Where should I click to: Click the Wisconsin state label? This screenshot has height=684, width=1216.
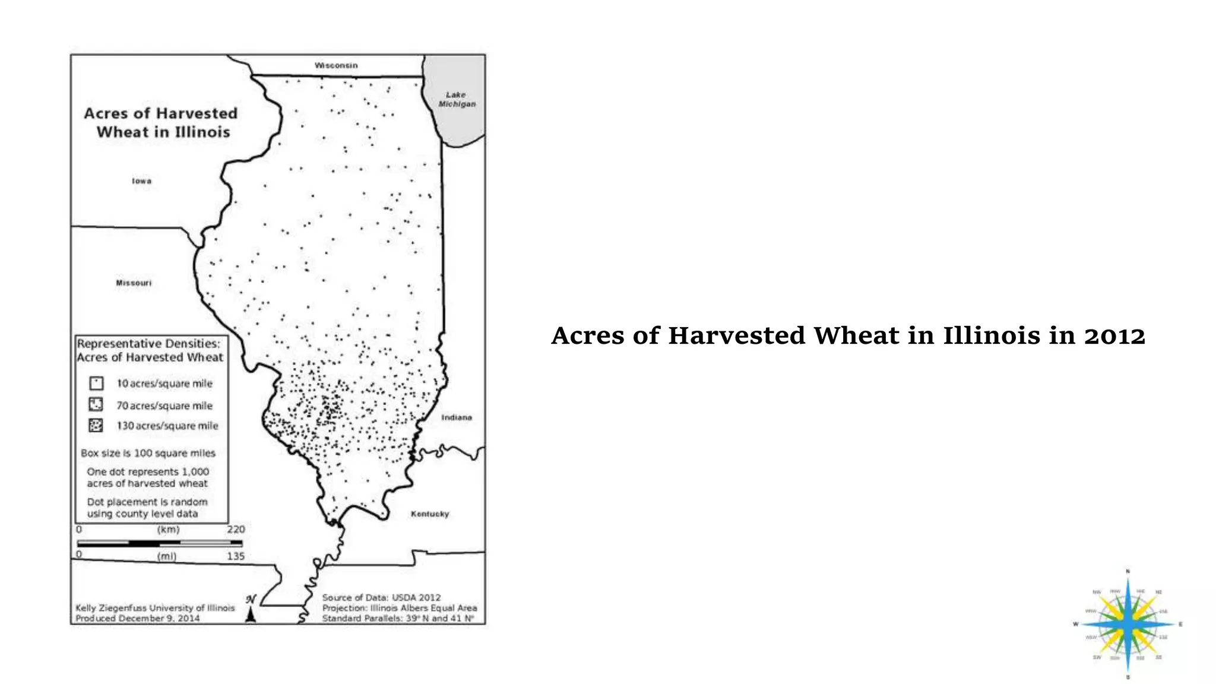[336, 65]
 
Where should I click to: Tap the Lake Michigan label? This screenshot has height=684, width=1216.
[457, 99]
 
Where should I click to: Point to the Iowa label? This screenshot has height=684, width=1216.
[141, 181]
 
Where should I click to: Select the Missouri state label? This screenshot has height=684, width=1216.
[134, 283]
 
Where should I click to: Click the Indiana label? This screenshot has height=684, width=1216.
[456, 417]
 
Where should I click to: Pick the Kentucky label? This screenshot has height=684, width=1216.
[430, 514]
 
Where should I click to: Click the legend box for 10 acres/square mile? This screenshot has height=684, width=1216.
[96, 383]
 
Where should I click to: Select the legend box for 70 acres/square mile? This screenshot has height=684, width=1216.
[96, 405]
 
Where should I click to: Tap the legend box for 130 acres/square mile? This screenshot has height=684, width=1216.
[96, 425]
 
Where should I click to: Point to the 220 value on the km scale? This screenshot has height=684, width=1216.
[235, 529]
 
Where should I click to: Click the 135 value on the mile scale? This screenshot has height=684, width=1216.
[235, 556]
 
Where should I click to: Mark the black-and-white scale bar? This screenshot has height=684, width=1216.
[159, 543]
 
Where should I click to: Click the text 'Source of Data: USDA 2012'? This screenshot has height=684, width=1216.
[381, 597]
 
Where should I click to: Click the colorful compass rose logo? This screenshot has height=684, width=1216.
[1128, 624]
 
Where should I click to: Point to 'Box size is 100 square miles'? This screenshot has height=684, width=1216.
[148, 453]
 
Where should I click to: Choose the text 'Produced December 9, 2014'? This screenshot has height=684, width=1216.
[137, 618]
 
